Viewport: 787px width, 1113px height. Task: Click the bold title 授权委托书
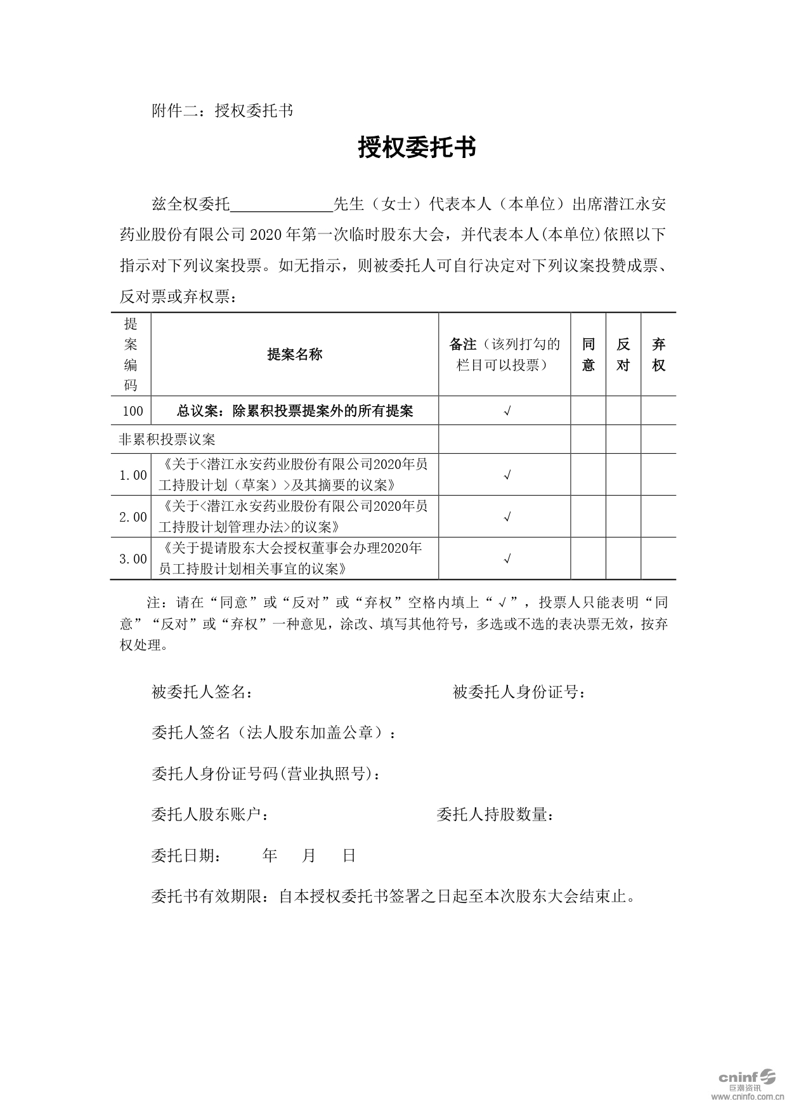coord(417,148)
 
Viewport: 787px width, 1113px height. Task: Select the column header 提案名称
coord(295,355)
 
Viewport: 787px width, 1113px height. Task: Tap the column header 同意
coord(589,355)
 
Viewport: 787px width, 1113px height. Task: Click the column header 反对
coord(623,355)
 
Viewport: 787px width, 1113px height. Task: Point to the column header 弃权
coord(659,355)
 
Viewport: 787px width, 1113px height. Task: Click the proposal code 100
coord(133,411)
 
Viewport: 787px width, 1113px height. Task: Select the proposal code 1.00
coord(133,475)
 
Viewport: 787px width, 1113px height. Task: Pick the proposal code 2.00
coord(133,517)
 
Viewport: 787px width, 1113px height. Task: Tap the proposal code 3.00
coord(133,558)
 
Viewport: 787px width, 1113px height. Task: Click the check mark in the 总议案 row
coord(507,411)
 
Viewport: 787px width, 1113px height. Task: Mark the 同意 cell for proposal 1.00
coord(589,475)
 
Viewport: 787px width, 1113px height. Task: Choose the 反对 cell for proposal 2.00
coord(623,517)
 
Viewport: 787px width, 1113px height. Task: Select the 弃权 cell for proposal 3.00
coord(659,558)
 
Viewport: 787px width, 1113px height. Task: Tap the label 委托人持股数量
coord(494,815)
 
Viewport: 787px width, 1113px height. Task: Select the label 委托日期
coord(186,856)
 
